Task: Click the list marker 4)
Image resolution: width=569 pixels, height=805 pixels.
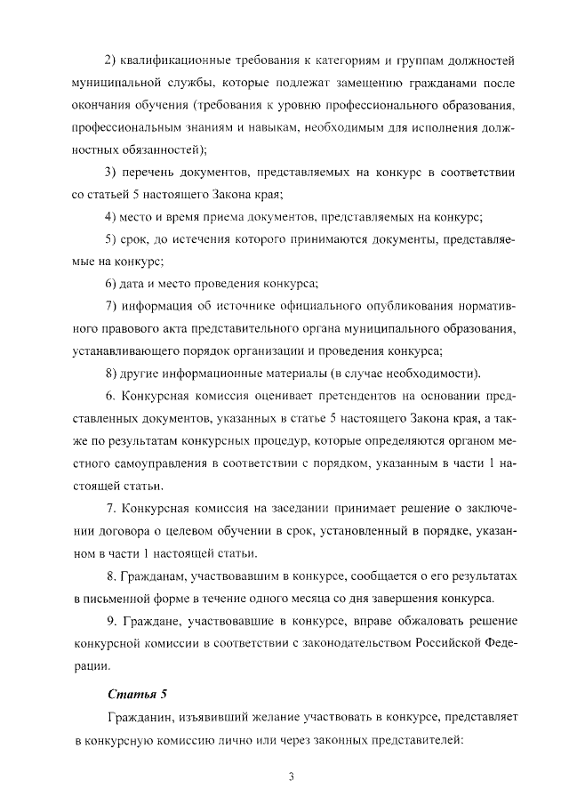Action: click(x=113, y=216)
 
